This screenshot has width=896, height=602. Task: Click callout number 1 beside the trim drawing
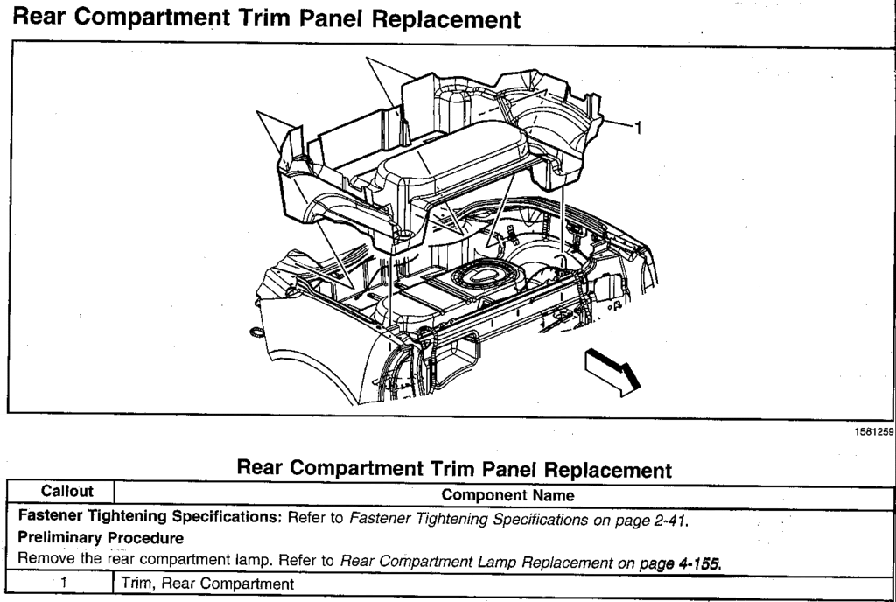point(637,129)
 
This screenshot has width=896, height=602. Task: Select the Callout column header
point(61,494)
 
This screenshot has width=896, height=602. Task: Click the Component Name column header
point(507,495)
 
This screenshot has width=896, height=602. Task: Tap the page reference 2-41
point(669,518)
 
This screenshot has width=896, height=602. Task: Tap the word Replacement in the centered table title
point(604,469)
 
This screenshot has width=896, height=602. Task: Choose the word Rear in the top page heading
point(39,17)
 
